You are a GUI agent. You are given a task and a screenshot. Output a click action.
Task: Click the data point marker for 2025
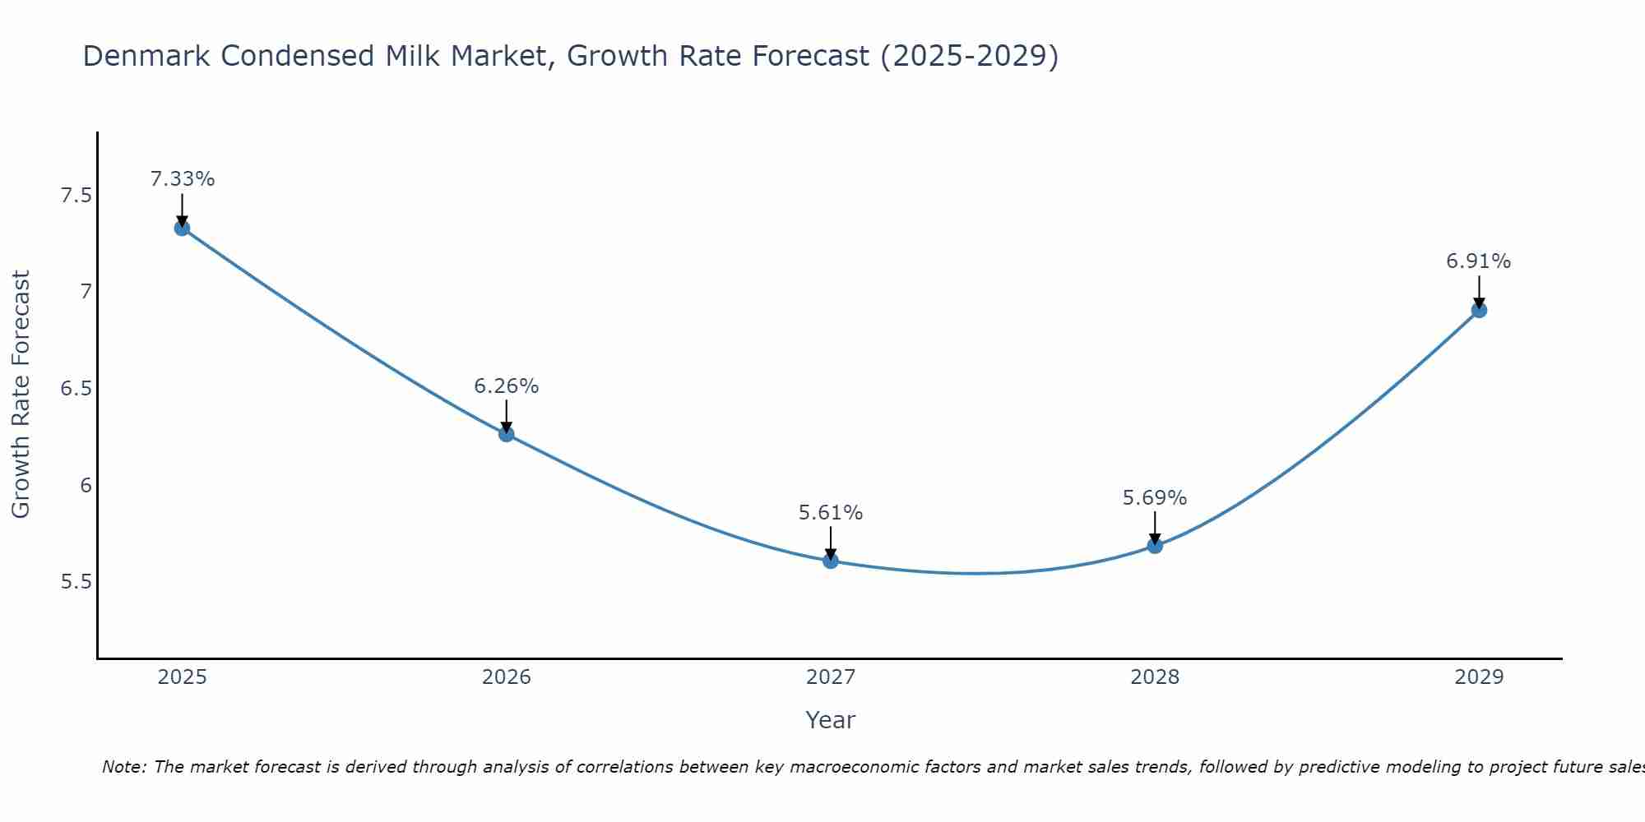(x=182, y=228)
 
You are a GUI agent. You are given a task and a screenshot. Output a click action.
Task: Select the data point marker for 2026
(x=507, y=434)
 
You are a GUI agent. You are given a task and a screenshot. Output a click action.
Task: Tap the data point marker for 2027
(x=831, y=561)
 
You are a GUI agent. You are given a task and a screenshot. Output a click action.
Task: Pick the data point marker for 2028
(x=1155, y=545)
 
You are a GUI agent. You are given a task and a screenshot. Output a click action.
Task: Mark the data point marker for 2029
(x=1479, y=310)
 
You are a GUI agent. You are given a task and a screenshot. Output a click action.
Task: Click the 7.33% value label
(x=183, y=179)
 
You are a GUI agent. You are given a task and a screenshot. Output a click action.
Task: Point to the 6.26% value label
(x=507, y=386)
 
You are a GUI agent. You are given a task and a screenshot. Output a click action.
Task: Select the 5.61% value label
(x=831, y=513)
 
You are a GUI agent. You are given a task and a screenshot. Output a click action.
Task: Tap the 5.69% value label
(x=1155, y=498)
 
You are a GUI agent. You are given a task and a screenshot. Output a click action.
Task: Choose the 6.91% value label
(x=1479, y=261)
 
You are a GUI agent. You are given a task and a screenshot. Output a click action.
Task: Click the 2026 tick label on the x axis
(x=507, y=677)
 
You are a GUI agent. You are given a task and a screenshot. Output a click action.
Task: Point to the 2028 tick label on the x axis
(x=1155, y=677)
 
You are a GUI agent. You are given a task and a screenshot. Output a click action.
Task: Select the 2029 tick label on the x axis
(x=1479, y=677)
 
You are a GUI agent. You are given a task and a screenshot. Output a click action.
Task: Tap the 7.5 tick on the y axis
(x=76, y=196)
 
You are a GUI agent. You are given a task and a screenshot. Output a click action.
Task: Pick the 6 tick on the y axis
(x=86, y=485)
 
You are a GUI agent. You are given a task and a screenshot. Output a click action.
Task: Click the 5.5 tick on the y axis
(x=76, y=582)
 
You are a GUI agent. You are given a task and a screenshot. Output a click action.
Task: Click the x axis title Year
(x=831, y=720)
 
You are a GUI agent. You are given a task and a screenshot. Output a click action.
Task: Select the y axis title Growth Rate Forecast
(x=21, y=395)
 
